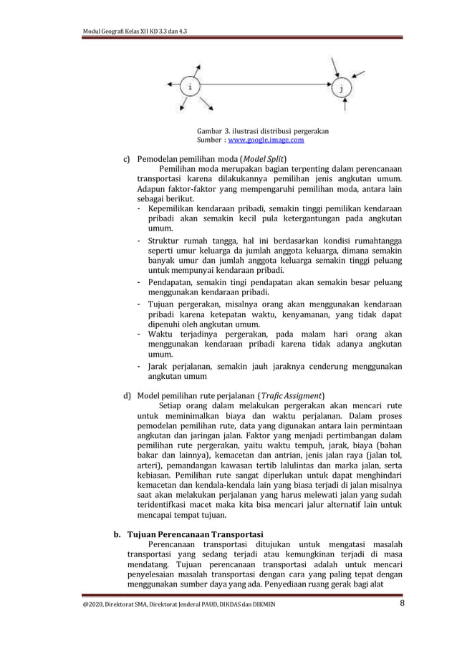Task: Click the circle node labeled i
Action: pyautogui.click(x=189, y=87)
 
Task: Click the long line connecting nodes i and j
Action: pyautogui.click(x=265, y=87)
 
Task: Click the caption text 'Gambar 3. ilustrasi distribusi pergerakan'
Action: pyautogui.click(x=263, y=131)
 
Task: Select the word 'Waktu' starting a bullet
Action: pyautogui.click(x=162, y=334)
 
